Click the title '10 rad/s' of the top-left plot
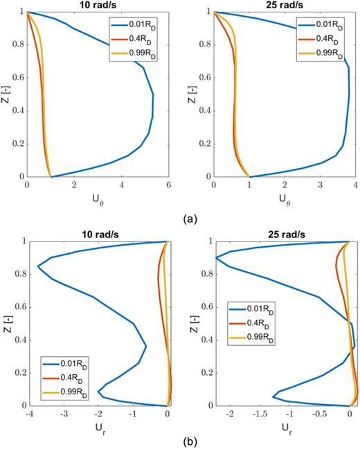(97, 6)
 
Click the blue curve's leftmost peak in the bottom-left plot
(37, 266)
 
